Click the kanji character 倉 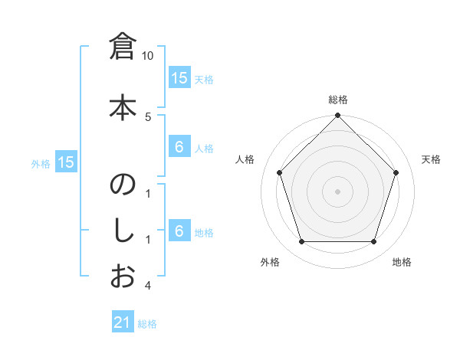[123, 49]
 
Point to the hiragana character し [123, 231]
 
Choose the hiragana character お [123, 276]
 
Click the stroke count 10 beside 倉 [148, 56]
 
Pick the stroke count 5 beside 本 [148, 116]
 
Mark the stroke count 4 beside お [148, 286]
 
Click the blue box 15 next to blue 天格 [179, 78]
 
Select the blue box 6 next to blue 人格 [179, 147]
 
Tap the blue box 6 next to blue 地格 [179, 231]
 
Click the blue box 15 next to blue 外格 [66, 162]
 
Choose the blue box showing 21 [123, 323]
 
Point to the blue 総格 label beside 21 [147, 324]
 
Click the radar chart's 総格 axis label [337, 100]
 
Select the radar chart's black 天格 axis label [431, 159]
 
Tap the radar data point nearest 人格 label [280, 172]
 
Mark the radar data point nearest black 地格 [373, 242]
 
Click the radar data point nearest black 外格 [301, 242]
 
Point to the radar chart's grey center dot [337, 191]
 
